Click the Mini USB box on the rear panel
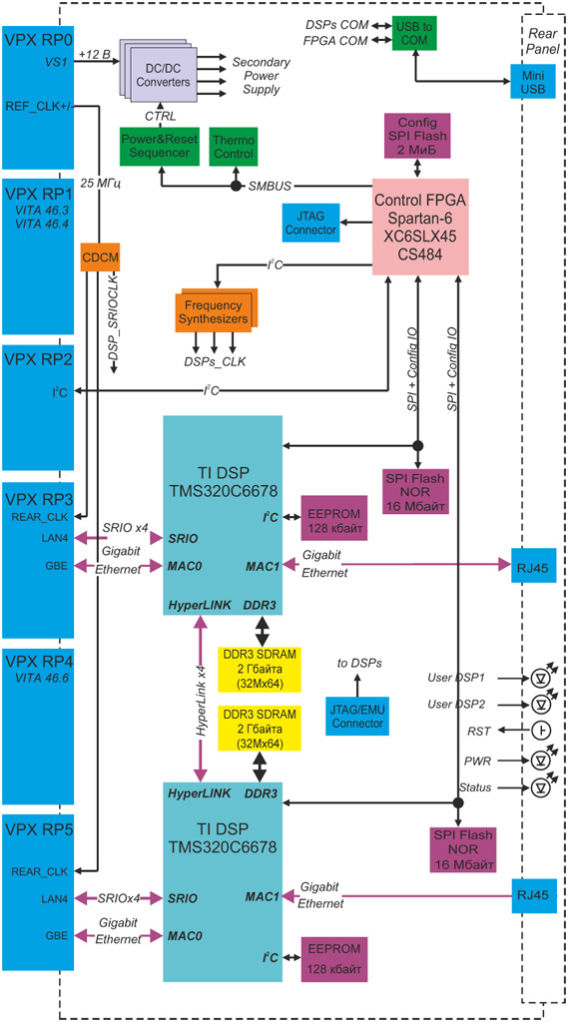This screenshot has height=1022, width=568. coord(532,82)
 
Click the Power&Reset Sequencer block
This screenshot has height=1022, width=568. coord(160,146)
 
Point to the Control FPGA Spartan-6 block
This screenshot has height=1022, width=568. coord(420,226)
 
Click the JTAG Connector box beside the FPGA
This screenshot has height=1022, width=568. coord(309,221)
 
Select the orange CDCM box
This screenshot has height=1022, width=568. coord(93,256)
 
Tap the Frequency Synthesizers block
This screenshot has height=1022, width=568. coord(216,312)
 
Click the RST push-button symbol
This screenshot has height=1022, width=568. coord(539,731)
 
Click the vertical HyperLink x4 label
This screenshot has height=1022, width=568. coord(203,700)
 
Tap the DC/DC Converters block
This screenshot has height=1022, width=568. coord(159,74)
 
